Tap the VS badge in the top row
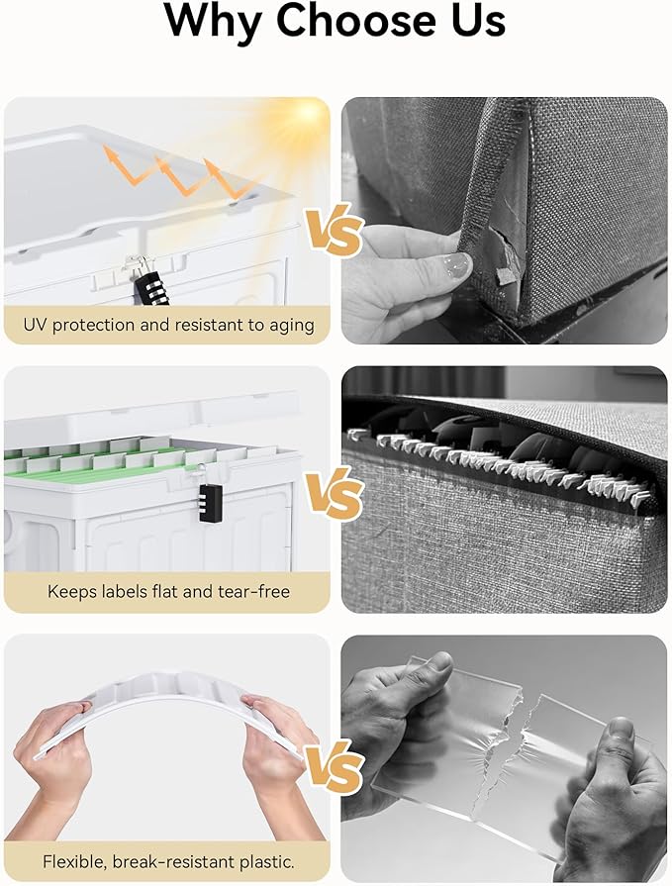(335, 230)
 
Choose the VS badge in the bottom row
(335, 767)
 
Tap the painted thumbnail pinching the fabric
(457, 265)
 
